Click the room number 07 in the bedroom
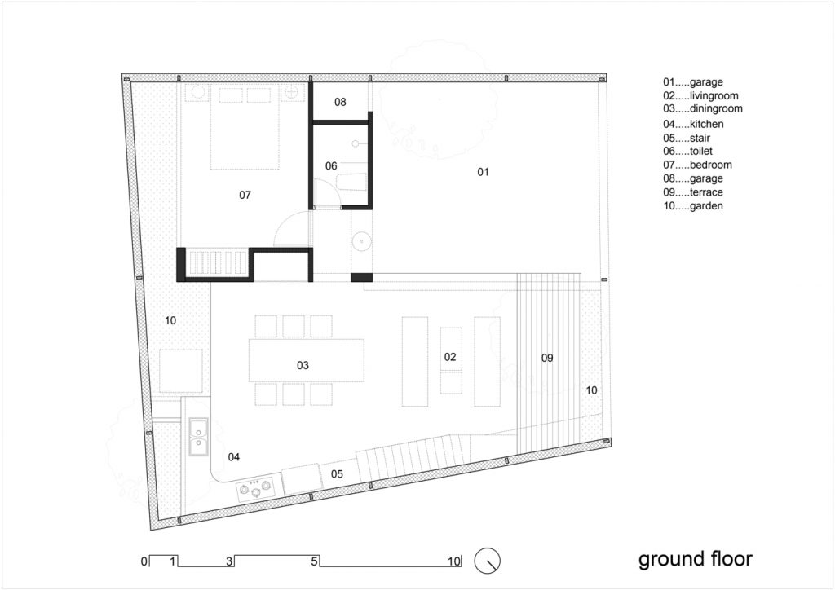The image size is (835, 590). coord(245,196)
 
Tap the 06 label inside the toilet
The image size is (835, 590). coord(331,166)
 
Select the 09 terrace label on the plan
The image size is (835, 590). coord(547,358)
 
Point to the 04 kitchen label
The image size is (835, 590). coord(234,457)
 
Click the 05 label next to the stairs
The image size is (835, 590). coord(337,474)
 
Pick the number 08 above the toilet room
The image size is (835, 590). coord(340,102)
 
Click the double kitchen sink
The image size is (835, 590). coord(199,436)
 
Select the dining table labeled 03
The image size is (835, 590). coord(307,360)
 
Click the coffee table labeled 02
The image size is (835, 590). coord(451,361)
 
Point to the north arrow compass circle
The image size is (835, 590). coord(488,561)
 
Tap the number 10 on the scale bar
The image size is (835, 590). coord(453,561)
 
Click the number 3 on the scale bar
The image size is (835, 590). coord(229,561)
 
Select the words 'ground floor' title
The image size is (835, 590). coord(696,559)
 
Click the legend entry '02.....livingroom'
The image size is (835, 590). coord(700,96)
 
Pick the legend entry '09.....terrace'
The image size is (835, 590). coord(693,192)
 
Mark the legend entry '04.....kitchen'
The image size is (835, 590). coord(693,124)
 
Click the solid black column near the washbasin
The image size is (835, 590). coord(361,277)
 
